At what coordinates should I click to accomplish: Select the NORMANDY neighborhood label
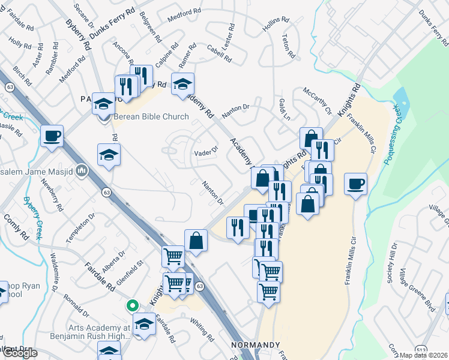click(x=256, y=346)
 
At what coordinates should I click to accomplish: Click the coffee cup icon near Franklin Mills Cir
click(x=355, y=184)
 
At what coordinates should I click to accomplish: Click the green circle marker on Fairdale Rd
click(x=131, y=305)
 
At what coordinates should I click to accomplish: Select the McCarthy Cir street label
click(x=317, y=101)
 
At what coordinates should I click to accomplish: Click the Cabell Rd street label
click(x=218, y=55)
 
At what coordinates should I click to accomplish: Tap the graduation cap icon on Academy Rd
click(x=182, y=85)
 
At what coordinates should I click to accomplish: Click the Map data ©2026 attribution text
click(x=424, y=355)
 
